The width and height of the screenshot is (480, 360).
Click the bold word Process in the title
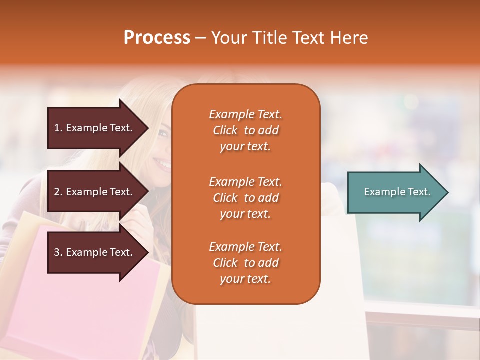point(157,38)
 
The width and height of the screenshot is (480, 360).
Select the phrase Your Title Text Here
point(289,38)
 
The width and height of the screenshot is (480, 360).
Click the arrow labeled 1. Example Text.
point(95,128)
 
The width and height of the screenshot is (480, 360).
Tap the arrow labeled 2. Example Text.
point(95,192)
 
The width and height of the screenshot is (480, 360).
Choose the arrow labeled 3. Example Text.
point(95,252)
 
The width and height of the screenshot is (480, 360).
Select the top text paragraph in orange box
point(245,130)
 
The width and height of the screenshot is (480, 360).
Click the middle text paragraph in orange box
point(245,198)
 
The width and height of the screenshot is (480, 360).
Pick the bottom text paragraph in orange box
point(245,263)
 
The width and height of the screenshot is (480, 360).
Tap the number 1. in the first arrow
point(58,128)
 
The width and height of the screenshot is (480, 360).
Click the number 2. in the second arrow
point(58,192)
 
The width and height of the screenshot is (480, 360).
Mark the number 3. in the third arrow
point(58,252)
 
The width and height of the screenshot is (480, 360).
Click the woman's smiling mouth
point(162,163)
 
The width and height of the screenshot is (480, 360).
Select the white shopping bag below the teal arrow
point(340,280)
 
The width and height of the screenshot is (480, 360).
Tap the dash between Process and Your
point(200,38)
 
